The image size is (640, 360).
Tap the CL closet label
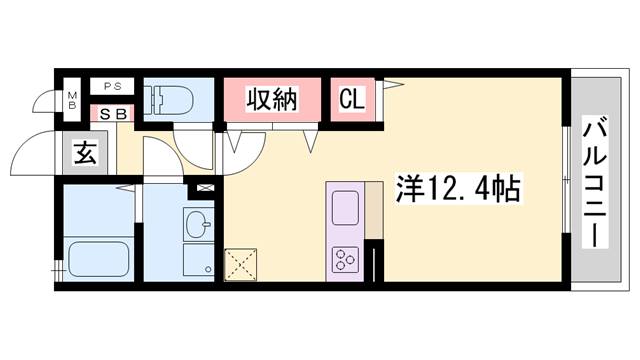coord(352,99)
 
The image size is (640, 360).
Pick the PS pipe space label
coord(112,87)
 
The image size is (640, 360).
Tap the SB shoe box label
coord(112,113)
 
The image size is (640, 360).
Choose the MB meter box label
coord(72,99)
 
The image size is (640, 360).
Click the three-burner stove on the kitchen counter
coord(346,260)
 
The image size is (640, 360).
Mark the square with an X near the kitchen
coord(240,263)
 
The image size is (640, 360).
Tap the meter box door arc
coord(45,101)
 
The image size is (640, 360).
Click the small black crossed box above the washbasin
coord(206,187)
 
